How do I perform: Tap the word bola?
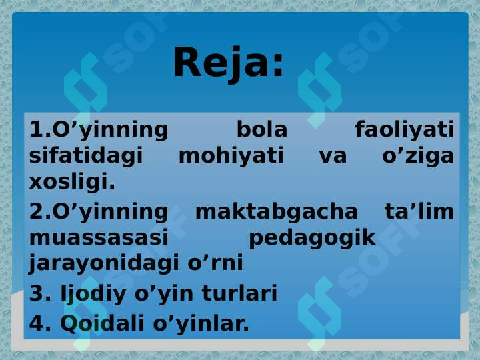[x=262, y=129]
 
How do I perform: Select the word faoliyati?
[x=405, y=129]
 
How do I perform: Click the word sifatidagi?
[x=86, y=156]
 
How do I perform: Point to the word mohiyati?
[x=231, y=155]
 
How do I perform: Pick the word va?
[x=333, y=157]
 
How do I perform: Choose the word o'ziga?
[x=418, y=156]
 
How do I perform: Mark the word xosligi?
[x=72, y=182]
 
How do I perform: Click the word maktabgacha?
[x=277, y=212]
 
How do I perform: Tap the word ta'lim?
[x=419, y=211]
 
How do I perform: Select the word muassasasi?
[x=99, y=237]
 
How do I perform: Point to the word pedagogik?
[x=312, y=239]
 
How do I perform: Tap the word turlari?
[x=240, y=293]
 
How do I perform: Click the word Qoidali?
[x=102, y=323]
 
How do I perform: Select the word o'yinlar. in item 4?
[x=201, y=324]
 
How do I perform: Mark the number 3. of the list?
[x=40, y=293]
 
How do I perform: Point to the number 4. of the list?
[x=40, y=323]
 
